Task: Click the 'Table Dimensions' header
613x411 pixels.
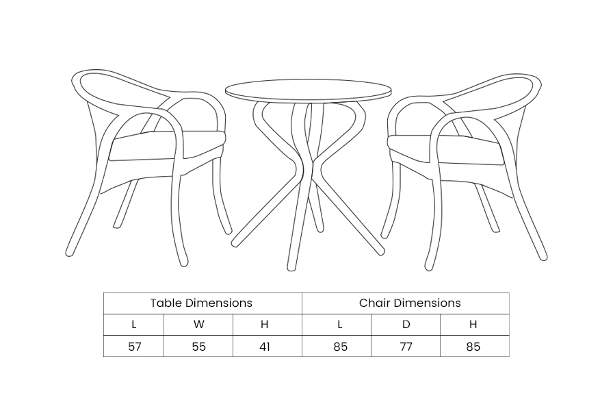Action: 201,303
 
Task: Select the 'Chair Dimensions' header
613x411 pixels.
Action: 410,303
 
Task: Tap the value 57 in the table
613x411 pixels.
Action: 135,347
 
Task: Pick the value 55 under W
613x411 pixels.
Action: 199,347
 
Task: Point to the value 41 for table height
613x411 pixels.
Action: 265,347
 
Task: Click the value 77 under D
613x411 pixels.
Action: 406,347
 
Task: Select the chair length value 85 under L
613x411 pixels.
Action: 341,347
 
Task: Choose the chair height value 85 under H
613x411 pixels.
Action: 473,347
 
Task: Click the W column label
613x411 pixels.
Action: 199,325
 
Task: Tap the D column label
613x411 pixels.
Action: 406,325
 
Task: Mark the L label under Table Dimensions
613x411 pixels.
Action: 134,325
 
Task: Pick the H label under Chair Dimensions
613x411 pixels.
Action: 473,325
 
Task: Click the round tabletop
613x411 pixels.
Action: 308,90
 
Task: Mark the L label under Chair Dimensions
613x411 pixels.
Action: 340,325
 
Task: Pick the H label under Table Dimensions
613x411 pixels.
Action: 265,325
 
